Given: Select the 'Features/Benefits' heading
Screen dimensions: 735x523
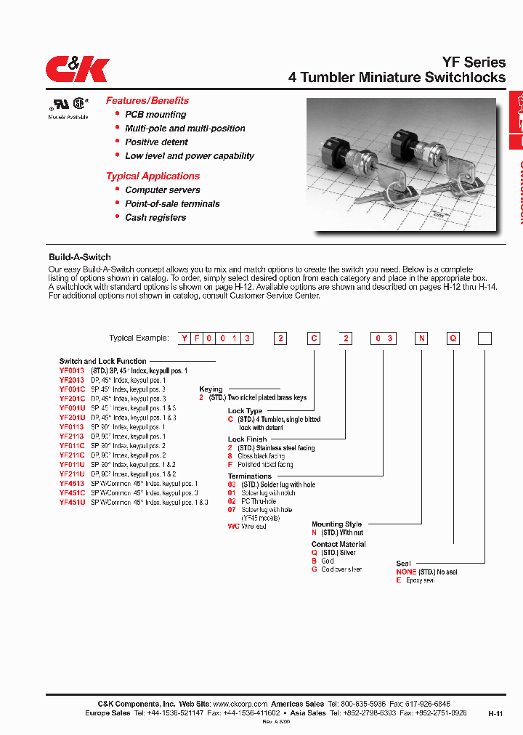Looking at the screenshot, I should (147, 101).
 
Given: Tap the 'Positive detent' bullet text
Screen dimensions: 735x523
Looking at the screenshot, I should (156, 142).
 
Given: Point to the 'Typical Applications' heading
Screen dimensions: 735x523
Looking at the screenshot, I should (153, 176).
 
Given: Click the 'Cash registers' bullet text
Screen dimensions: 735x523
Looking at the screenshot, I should (155, 218).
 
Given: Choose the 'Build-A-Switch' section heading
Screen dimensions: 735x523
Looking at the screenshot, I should (79, 257).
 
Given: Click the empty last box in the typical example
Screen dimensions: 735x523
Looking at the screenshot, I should (485, 338).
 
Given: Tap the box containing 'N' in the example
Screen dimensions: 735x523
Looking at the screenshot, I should (422, 338).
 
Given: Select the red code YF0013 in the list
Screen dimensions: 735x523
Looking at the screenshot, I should (72, 370).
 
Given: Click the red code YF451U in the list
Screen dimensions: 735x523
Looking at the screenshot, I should (72, 502).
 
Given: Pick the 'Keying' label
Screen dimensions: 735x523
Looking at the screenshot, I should (211, 389).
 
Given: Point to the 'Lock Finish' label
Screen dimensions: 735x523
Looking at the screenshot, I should (247, 439).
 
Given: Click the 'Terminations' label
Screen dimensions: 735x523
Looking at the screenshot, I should (249, 476).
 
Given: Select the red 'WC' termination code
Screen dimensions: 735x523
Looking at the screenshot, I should (232, 526).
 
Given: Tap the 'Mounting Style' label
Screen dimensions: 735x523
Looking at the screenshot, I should (336, 524).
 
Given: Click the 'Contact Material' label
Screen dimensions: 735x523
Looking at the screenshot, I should (338, 544).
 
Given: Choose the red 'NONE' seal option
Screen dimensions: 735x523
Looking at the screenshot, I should (406, 572).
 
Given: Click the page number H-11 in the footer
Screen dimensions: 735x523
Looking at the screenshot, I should (495, 714).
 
